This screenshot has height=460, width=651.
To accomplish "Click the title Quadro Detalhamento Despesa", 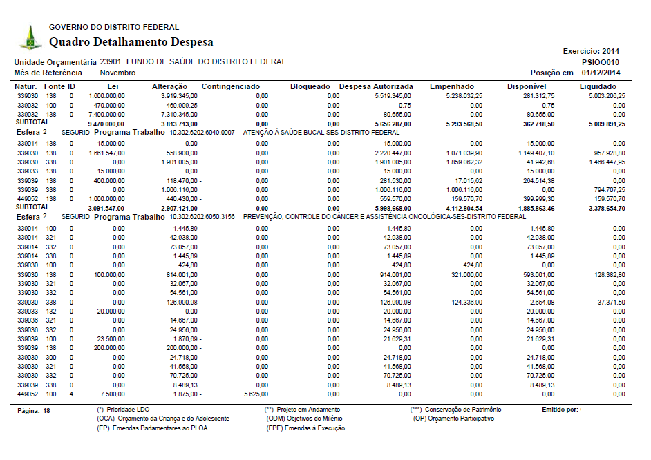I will pyautogui.click(x=131, y=42).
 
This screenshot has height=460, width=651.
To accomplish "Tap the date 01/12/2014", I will pyautogui.click(x=601, y=73).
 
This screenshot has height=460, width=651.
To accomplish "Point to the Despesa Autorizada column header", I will pyautogui.click(x=376, y=86).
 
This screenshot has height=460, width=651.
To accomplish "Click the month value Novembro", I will pyautogui.click(x=117, y=73).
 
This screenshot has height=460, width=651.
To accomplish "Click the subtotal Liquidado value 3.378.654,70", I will pyautogui.click(x=602, y=207).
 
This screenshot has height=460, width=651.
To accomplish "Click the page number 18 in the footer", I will pyautogui.click(x=46, y=410).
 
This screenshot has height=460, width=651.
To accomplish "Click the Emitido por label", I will pyautogui.click(x=560, y=410).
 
